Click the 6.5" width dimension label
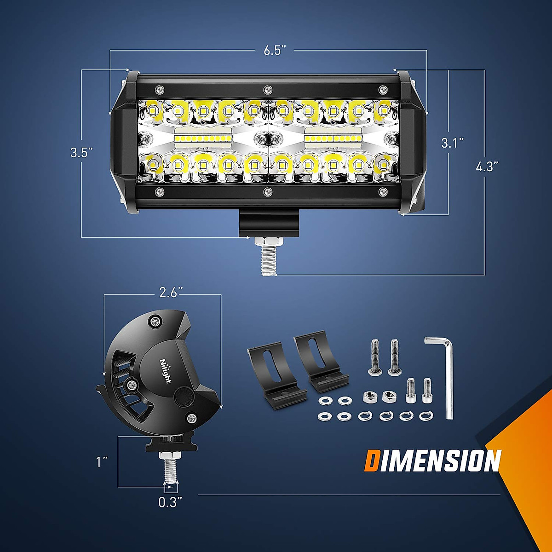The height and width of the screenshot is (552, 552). click(275, 50)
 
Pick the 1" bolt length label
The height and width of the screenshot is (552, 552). click(102, 461)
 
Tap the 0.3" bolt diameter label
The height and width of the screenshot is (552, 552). click(171, 502)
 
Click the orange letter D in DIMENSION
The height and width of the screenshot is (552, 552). click(372, 461)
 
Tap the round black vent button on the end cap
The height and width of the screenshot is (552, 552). click(184, 396)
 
